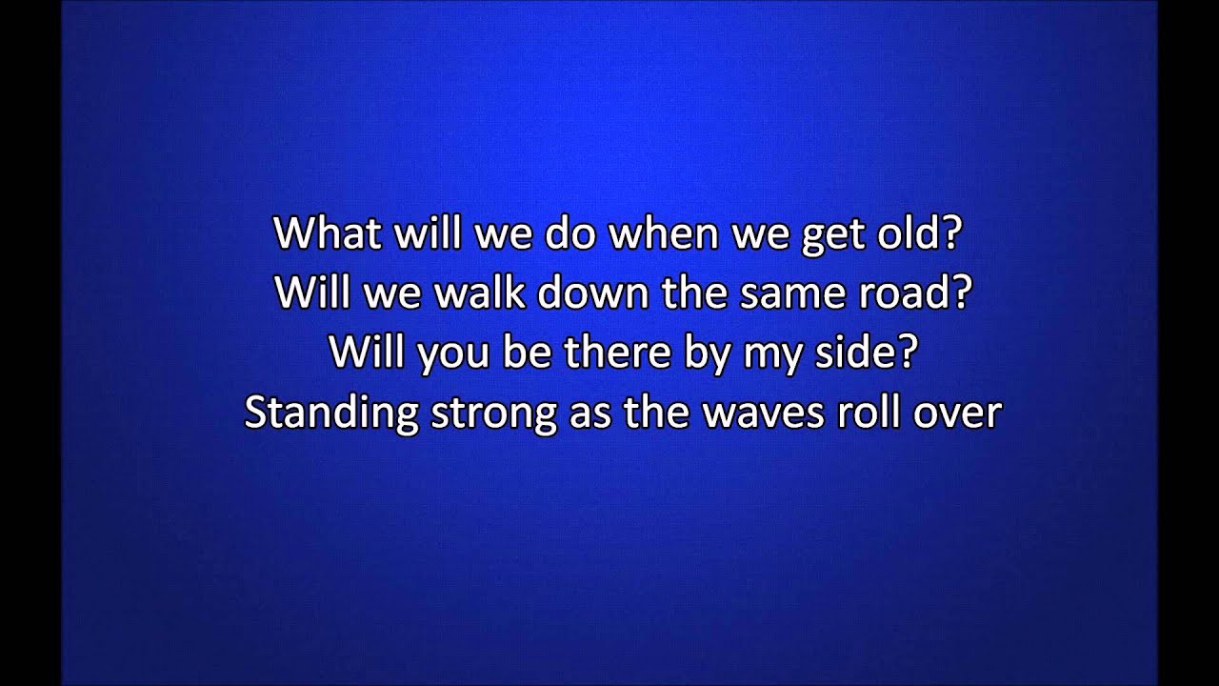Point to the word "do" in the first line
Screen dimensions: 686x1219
[568, 234]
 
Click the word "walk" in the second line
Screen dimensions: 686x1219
[480, 293]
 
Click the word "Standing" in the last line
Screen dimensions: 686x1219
[330, 414]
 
